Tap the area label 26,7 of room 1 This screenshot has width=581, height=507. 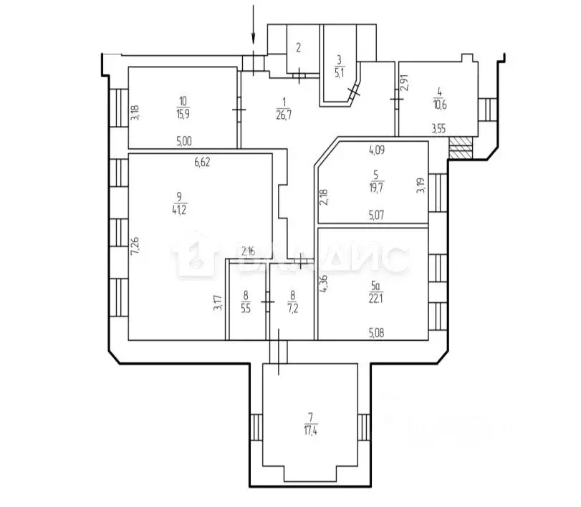284,112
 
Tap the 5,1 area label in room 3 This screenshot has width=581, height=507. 340,72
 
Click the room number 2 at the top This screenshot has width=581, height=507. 298,48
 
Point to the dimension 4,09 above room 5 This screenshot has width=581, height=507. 378,151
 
